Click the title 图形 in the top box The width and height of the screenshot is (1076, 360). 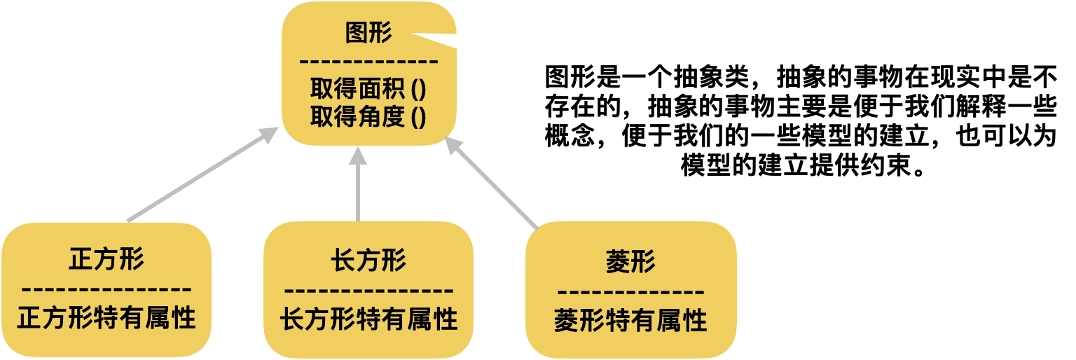tap(368, 33)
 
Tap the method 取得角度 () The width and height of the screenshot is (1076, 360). tap(368, 116)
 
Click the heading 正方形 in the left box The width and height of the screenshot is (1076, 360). tap(106, 260)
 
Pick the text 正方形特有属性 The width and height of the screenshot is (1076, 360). tap(106, 319)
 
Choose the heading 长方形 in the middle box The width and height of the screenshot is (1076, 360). tap(368, 261)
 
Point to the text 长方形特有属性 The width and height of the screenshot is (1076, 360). tap(368, 319)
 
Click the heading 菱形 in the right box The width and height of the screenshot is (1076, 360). tap(630, 262)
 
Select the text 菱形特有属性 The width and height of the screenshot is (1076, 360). tap(630, 321)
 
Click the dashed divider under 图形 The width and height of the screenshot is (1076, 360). tap(368, 61)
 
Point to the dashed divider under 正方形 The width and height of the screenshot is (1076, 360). tap(106, 289)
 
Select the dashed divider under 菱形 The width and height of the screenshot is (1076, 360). tap(630, 291)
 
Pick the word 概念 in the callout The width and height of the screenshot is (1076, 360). tap(570, 137)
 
